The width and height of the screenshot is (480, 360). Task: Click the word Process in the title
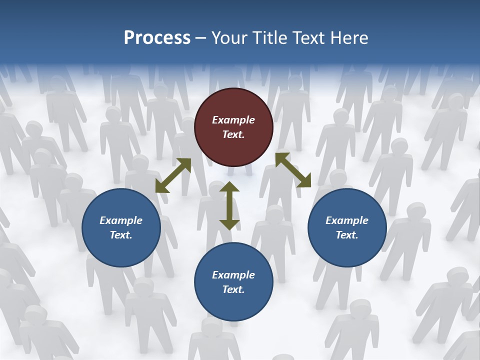click(x=157, y=38)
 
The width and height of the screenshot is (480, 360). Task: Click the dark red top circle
click(x=233, y=127)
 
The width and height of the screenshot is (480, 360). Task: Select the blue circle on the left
click(x=121, y=227)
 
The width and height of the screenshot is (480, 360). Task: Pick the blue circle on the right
click(x=347, y=227)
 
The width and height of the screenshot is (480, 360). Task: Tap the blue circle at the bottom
click(x=233, y=281)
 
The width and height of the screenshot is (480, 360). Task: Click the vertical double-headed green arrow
click(x=229, y=206)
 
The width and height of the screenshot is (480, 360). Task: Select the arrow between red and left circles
click(x=173, y=175)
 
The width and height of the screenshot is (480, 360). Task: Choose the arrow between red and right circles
click(x=293, y=170)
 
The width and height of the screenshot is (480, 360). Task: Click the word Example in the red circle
click(x=233, y=120)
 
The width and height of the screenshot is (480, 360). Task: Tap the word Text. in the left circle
click(x=121, y=235)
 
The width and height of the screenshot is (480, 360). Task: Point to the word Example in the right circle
click(x=347, y=220)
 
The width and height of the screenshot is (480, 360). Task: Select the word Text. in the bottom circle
click(x=233, y=289)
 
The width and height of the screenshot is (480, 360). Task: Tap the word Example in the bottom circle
click(x=233, y=275)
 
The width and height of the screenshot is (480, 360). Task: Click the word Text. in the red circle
click(x=233, y=134)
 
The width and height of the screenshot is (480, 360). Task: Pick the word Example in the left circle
click(x=121, y=220)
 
